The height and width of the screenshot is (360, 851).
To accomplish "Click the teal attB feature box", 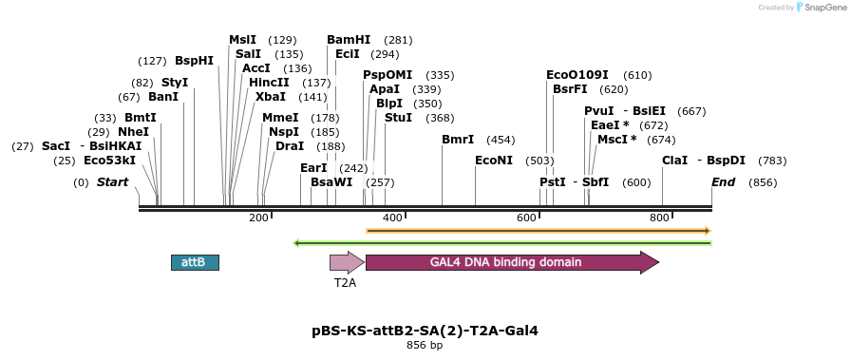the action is point(196,262).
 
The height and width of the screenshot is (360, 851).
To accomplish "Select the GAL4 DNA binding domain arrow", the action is point(512,262).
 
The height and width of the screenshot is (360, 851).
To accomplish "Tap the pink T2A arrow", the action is point(348,262).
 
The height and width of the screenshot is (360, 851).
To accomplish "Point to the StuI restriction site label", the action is point(398,117).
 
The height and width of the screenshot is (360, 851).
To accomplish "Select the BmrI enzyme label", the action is point(458,140).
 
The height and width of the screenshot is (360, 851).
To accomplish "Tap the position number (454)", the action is point(501,140).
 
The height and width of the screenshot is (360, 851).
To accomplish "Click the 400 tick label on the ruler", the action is point(392,218).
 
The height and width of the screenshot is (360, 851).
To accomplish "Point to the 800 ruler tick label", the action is point(659,218).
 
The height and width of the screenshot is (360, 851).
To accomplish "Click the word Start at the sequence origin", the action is point(112,182).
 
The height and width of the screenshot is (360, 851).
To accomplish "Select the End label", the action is point(724,182).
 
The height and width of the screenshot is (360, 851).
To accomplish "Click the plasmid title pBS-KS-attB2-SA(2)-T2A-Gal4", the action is point(425,331).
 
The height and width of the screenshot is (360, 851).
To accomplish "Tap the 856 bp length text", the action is point(425,345).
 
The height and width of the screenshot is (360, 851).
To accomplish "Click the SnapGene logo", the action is point(823,7).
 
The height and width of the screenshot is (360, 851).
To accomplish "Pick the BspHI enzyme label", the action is point(194,61).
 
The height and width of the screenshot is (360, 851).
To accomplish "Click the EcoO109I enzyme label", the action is point(577,75).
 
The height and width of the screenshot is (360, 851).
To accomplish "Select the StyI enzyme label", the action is point(175,83).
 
